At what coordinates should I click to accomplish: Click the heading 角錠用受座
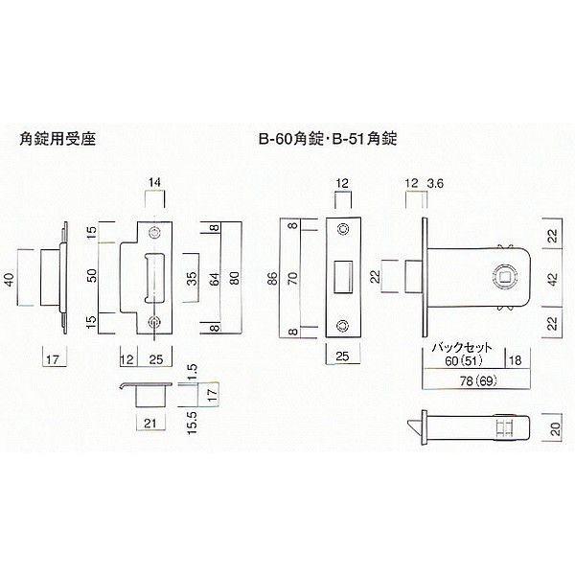(x=57, y=139)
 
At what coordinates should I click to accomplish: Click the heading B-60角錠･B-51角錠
(x=328, y=139)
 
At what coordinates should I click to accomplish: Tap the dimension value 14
(x=154, y=182)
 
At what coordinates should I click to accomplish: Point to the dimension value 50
(x=92, y=275)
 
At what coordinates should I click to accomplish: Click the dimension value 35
(x=192, y=278)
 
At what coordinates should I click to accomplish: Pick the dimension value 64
(x=216, y=279)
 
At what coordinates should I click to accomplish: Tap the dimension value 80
(x=235, y=278)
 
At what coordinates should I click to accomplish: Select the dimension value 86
(x=272, y=278)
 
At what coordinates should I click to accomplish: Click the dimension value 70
(x=292, y=278)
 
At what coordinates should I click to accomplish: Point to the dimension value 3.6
(x=435, y=183)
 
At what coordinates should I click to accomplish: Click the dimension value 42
(x=553, y=278)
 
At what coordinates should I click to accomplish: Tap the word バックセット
(x=462, y=347)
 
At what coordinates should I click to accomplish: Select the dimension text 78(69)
(x=478, y=381)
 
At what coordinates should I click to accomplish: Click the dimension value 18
(x=515, y=360)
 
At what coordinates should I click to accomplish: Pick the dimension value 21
(x=150, y=424)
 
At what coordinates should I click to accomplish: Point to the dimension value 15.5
(x=192, y=423)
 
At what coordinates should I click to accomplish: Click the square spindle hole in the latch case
(x=505, y=277)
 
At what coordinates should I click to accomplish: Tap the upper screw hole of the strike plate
(x=153, y=233)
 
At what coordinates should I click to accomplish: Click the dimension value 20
(x=556, y=429)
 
